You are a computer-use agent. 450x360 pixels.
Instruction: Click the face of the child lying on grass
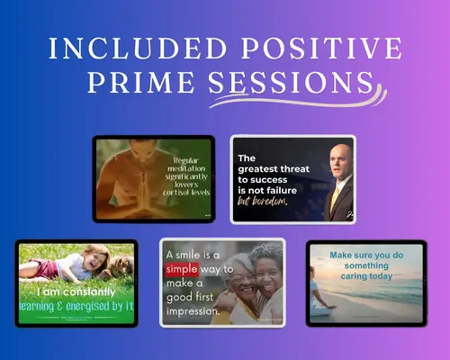tap(94, 260)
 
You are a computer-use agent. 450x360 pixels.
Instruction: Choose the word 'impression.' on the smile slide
tap(192, 313)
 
